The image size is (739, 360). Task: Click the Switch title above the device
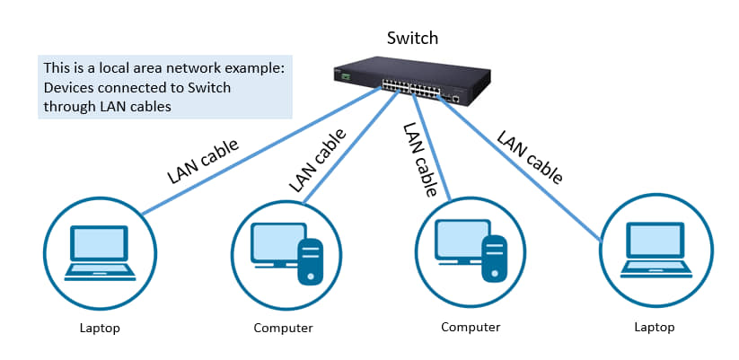point(412,38)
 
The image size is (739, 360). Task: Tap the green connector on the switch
point(347,75)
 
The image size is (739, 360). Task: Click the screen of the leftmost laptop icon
point(99,243)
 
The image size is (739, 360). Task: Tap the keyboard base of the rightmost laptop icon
point(656,270)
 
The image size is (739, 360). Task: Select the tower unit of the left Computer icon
point(311,261)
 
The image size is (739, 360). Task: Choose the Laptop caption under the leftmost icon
point(100,328)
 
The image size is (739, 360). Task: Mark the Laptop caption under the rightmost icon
point(655,327)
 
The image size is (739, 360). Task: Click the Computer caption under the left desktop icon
point(283,328)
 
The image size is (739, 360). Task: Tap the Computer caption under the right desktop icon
point(471,327)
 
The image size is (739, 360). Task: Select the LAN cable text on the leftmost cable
point(203,162)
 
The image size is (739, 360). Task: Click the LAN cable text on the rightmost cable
point(530,158)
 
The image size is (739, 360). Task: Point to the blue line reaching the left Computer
point(349,147)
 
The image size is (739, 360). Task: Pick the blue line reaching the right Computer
point(432,146)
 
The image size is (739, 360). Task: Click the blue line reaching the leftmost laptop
point(261,151)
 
